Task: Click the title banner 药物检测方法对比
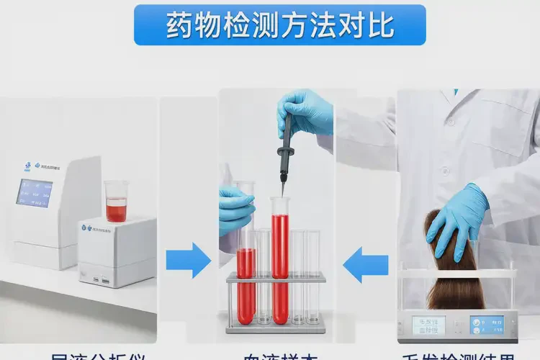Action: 279,24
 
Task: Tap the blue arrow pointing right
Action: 188,260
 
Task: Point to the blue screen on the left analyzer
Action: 35,192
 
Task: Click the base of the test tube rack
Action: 275,326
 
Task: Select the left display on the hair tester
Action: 428,325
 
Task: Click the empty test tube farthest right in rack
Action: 312,277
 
